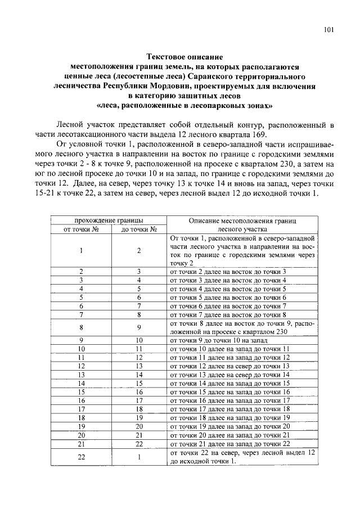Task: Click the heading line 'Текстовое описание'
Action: coord(184,57)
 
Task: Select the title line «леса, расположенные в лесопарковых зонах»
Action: coord(184,106)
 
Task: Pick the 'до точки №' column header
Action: coord(138,229)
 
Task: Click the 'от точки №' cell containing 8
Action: coord(82,327)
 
